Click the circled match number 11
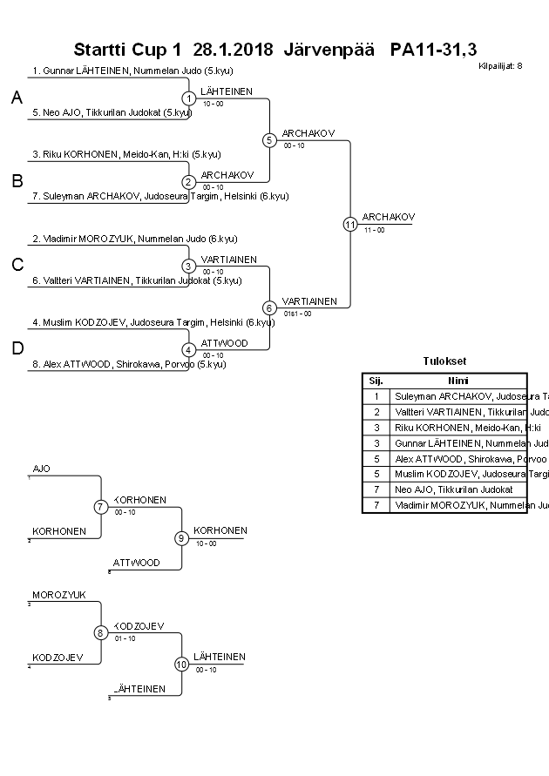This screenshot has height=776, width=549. click(350, 224)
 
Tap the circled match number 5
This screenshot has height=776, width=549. click(269, 139)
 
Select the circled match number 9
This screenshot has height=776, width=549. click(181, 538)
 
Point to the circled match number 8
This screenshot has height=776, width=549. click(101, 633)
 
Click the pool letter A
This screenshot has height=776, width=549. click(16, 98)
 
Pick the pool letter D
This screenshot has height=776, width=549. click(16, 348)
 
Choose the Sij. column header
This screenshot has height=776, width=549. click(376, 381)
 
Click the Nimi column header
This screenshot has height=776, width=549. click(458, 381)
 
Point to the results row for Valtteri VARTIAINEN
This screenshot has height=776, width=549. click(458, 412)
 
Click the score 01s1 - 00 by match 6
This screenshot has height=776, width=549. click(297, 314)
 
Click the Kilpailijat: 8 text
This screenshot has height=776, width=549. click(500, 64)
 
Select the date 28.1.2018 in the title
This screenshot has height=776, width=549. click(234, 49)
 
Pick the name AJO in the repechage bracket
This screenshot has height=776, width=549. click(41, 469)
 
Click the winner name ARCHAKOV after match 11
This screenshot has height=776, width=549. click(389, 217)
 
